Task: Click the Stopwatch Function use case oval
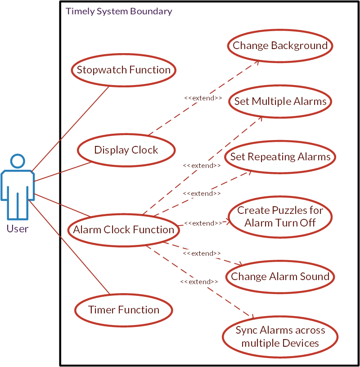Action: click(123, 70)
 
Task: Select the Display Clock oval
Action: click(126, 150)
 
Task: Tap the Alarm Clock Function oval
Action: click(123, 230)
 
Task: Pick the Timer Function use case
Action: click(123, 310)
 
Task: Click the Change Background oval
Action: click(280, 45)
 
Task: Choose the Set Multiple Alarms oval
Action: click(280, 101)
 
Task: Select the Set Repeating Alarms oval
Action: click(280, 157)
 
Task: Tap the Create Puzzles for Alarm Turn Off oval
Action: click(280, 217)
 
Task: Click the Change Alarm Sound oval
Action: click(280, 276)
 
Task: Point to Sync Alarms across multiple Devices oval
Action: click(280, 337)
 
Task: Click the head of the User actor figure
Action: click(17, 162)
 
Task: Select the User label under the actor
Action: click(17, 229)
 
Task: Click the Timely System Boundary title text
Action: click(119, 11)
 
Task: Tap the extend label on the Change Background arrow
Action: click(203, 98)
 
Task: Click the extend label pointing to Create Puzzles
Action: click(202, 223)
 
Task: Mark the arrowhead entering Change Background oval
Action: click(257, 61)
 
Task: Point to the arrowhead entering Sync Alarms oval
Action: click(253, 317)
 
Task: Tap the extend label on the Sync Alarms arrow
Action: click(199, 281)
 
